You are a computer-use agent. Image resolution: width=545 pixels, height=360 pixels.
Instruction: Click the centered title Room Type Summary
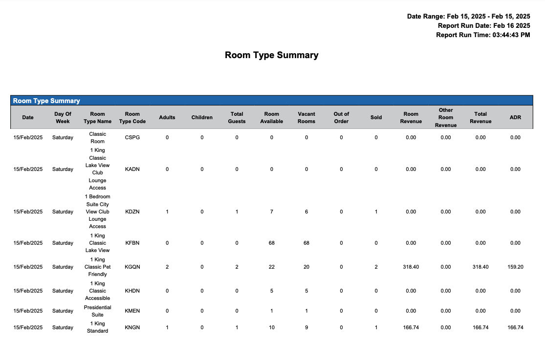pos(271,55)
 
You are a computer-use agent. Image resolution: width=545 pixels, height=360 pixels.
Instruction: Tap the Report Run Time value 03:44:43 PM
pos(510,35)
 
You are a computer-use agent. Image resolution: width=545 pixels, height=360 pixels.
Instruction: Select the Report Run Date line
pos(483,25)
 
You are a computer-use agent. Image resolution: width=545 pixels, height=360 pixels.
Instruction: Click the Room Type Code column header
pos(132,118)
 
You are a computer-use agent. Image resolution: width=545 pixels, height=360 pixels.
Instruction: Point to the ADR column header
pos(515,117)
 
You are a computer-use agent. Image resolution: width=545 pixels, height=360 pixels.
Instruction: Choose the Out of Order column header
pos(341,118)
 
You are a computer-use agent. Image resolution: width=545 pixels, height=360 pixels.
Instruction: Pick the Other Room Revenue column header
pos(446,118)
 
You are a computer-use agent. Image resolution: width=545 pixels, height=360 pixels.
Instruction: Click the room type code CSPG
pos(132,138)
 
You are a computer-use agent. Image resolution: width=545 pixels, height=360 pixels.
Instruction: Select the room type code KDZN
pos(132,212)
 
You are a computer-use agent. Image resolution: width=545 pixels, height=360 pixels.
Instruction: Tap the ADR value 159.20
pos(515,267)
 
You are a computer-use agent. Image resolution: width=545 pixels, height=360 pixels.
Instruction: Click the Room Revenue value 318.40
pos(411,267)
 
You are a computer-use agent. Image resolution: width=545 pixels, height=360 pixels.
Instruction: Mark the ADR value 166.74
pos(515,328)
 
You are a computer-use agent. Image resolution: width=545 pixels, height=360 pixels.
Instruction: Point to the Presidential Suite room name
pos(97,311)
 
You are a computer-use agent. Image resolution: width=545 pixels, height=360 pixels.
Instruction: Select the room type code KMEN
pos(132,311)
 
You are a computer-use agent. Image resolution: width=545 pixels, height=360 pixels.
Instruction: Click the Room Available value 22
pos(272,267)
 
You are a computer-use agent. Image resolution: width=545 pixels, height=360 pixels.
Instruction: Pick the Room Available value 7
pos(272,212)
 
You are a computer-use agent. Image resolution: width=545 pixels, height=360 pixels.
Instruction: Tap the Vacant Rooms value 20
pos(306,267)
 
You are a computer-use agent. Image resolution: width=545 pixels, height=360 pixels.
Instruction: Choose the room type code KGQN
pos(132,267)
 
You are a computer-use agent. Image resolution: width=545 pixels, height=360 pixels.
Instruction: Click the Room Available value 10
pos(272,328)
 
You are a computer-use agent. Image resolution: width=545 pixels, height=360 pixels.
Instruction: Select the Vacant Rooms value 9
pos(306,328)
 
